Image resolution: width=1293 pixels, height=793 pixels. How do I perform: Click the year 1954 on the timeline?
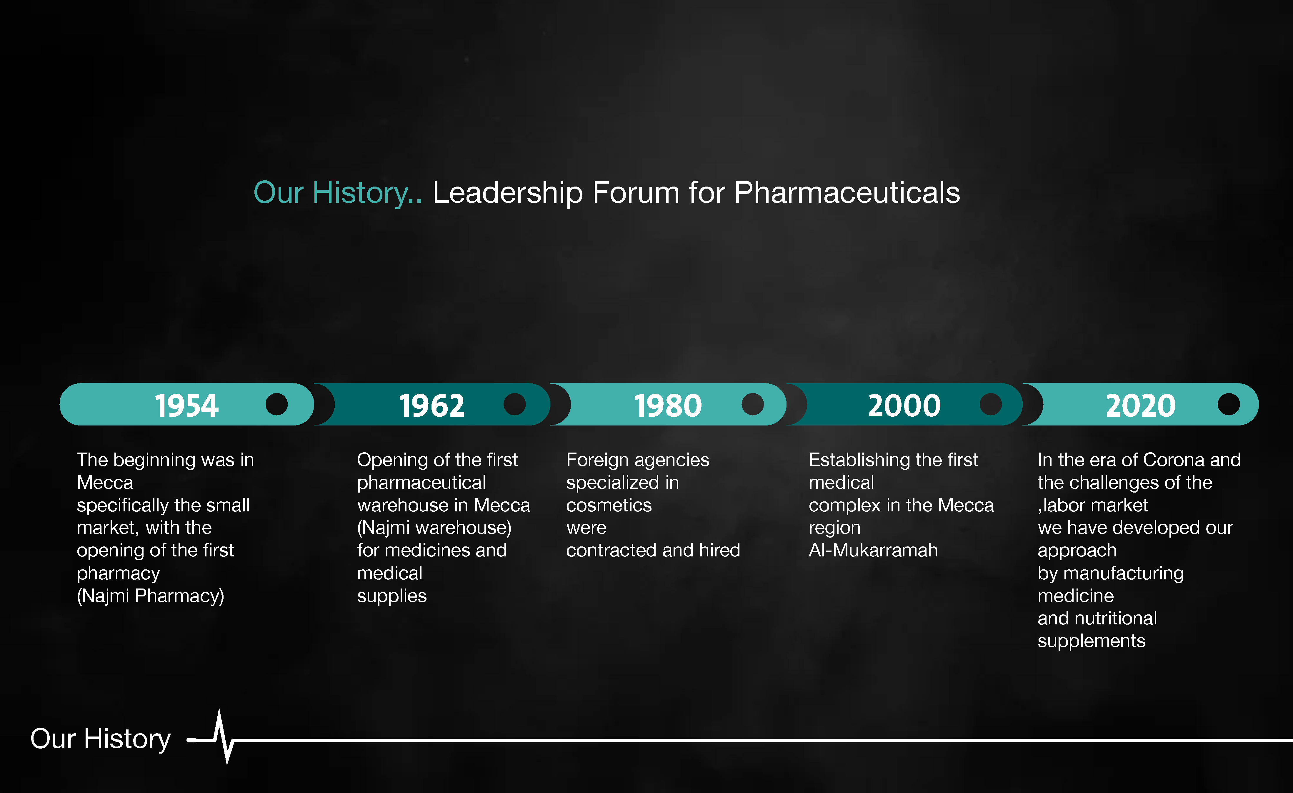coord(186,406)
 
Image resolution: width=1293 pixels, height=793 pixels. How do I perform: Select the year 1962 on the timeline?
coord(432,406)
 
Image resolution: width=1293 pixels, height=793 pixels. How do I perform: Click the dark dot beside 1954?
coord(276,404)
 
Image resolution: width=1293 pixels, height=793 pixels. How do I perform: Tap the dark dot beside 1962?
coord(514,404)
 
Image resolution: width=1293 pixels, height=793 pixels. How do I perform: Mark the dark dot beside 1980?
coord(752,404)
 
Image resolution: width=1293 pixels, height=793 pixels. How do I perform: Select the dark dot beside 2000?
coord(991,404)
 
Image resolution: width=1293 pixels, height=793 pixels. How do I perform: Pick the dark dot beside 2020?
coord(1229,404)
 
